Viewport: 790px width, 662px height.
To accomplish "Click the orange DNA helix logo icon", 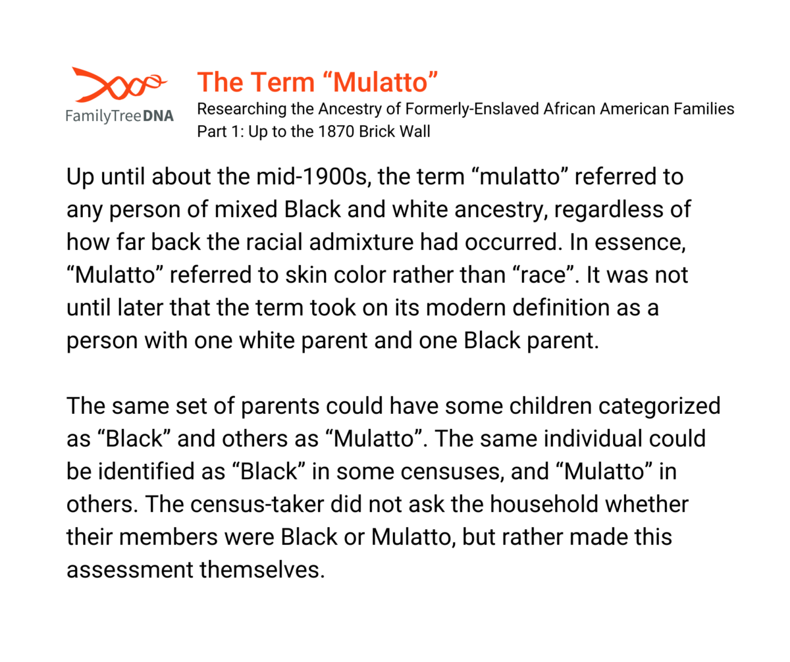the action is click(118, 85).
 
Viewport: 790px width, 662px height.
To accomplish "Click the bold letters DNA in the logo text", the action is click(158, 116).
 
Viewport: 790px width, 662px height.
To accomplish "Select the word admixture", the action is click(361, 242).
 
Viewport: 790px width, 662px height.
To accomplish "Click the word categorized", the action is click(659, 407).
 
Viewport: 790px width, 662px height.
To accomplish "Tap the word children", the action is click(550, 406).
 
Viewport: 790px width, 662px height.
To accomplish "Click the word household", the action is click(544, 504).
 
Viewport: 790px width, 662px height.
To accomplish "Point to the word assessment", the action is click(130, 570).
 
